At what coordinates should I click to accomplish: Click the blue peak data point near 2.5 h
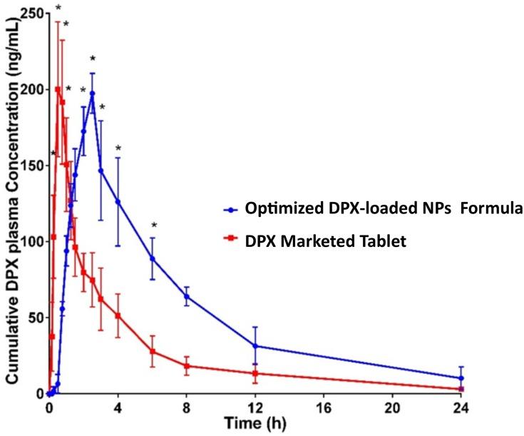[92, 93]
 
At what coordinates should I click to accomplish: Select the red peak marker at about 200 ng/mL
[58, 89]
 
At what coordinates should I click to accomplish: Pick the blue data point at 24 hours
[461, 378]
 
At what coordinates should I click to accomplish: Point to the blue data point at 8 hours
[187, 296]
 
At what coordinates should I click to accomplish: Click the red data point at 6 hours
[153, 351]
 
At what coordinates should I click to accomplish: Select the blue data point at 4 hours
[118, 202]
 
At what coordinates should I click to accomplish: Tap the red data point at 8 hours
[187, 366]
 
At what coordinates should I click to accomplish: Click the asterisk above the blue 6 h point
[153, 225]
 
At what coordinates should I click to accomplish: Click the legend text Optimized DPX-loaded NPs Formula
[384, 209]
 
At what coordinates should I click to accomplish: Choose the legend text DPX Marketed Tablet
[325, 241]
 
